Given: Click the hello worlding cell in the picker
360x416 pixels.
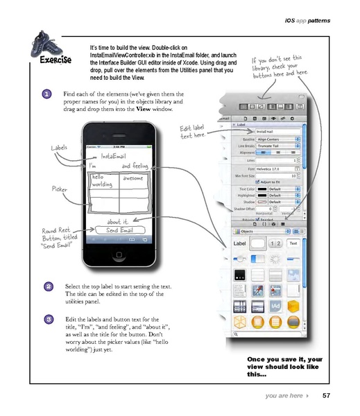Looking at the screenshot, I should [x=103, y=182].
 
